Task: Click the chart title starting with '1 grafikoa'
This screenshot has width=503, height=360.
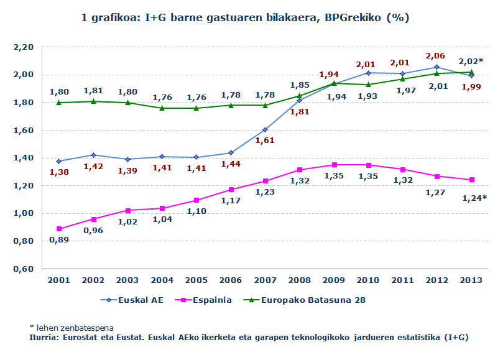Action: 245,18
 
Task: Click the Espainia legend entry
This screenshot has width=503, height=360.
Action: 203,300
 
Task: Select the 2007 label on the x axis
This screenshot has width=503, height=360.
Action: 265,280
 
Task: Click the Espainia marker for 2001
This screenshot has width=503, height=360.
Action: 58,229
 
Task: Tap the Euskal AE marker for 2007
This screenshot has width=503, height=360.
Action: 265,130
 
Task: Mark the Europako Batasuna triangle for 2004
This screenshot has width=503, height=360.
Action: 162,108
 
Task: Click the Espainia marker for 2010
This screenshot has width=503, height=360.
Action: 368,165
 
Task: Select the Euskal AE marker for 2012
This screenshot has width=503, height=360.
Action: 436,67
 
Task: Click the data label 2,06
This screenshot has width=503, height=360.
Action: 436,56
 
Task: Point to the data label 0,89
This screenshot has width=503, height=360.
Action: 58,240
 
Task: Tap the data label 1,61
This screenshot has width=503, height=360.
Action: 265,141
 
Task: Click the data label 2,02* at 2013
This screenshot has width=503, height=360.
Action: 471,61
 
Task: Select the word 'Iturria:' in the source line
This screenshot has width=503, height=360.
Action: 45,338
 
